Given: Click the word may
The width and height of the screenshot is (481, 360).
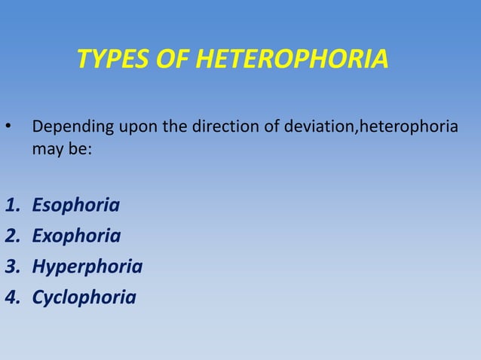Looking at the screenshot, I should pyautogui.click(x=44, y=149).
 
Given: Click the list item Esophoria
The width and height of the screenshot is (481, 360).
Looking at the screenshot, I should pyautogui.click(x=75, y=205).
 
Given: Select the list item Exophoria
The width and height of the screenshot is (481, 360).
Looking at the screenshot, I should pyautogui.click(x=75, y=236).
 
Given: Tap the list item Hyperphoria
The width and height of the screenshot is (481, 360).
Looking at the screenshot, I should pyautogui.click(x=86, y=267).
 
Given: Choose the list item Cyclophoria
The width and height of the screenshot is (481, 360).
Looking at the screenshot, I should pyautogui.click(x=84, y=297).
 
